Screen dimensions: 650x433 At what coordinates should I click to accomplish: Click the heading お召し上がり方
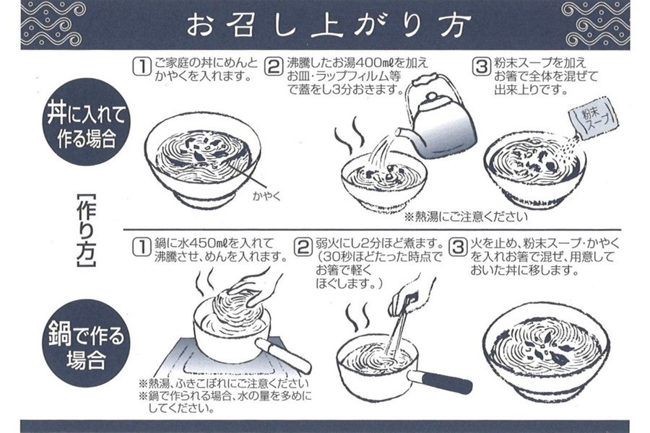[329, 25]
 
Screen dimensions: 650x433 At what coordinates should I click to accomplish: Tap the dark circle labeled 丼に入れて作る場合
[86, 122]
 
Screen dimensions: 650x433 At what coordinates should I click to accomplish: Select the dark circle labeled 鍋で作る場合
[86, 343]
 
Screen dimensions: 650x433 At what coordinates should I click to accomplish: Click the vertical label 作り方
[86, 230]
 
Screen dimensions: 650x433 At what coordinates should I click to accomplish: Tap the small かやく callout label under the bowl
[266, 196]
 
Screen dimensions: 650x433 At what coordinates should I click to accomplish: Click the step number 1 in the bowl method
[142, 67]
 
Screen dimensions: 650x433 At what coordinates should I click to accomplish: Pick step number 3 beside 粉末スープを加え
[481, 67]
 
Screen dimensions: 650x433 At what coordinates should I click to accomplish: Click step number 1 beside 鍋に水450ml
[142, 248]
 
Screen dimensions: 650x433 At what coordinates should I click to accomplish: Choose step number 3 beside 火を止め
[458, 248]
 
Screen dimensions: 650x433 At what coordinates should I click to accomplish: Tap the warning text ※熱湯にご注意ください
[466, 216]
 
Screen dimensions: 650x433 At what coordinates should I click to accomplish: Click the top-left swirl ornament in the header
[53, 23]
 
